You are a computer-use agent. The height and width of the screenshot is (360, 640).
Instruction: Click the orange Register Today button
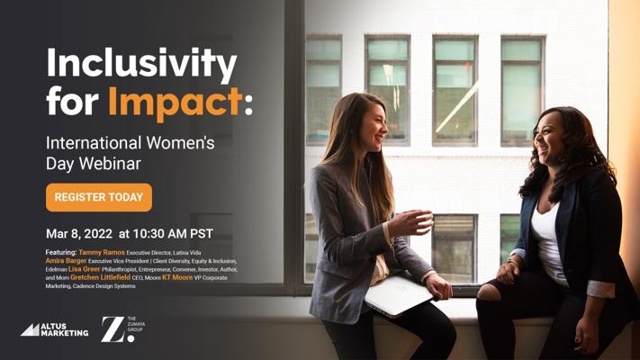(x=99, y=198)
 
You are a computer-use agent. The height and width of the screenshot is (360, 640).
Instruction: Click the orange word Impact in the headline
(x=176, y=102)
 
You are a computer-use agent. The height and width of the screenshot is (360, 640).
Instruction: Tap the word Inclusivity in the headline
(x=141, y=64)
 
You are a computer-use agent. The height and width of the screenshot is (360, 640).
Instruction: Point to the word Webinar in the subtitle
(x=110, y=164)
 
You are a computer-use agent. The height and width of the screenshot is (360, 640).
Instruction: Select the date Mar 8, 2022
(x=79, y=233)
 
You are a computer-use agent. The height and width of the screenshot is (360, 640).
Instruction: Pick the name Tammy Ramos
(x=102, y=252)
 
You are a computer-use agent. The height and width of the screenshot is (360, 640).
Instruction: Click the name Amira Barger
(x=66, y=260)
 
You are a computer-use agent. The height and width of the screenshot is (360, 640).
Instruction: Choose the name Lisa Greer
(x=84, y=269)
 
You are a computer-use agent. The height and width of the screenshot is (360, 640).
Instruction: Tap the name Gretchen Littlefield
(x=101, y=277)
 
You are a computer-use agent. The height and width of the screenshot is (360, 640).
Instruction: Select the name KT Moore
(x=177, y=277)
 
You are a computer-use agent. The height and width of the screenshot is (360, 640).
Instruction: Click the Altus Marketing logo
(x=55, y=329)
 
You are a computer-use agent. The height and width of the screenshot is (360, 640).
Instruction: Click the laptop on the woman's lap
(x=398, y=295)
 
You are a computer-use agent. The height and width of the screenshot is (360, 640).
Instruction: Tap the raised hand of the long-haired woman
(x=410, y=223)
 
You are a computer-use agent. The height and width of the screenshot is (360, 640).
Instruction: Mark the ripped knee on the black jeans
(x=490, y=292)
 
